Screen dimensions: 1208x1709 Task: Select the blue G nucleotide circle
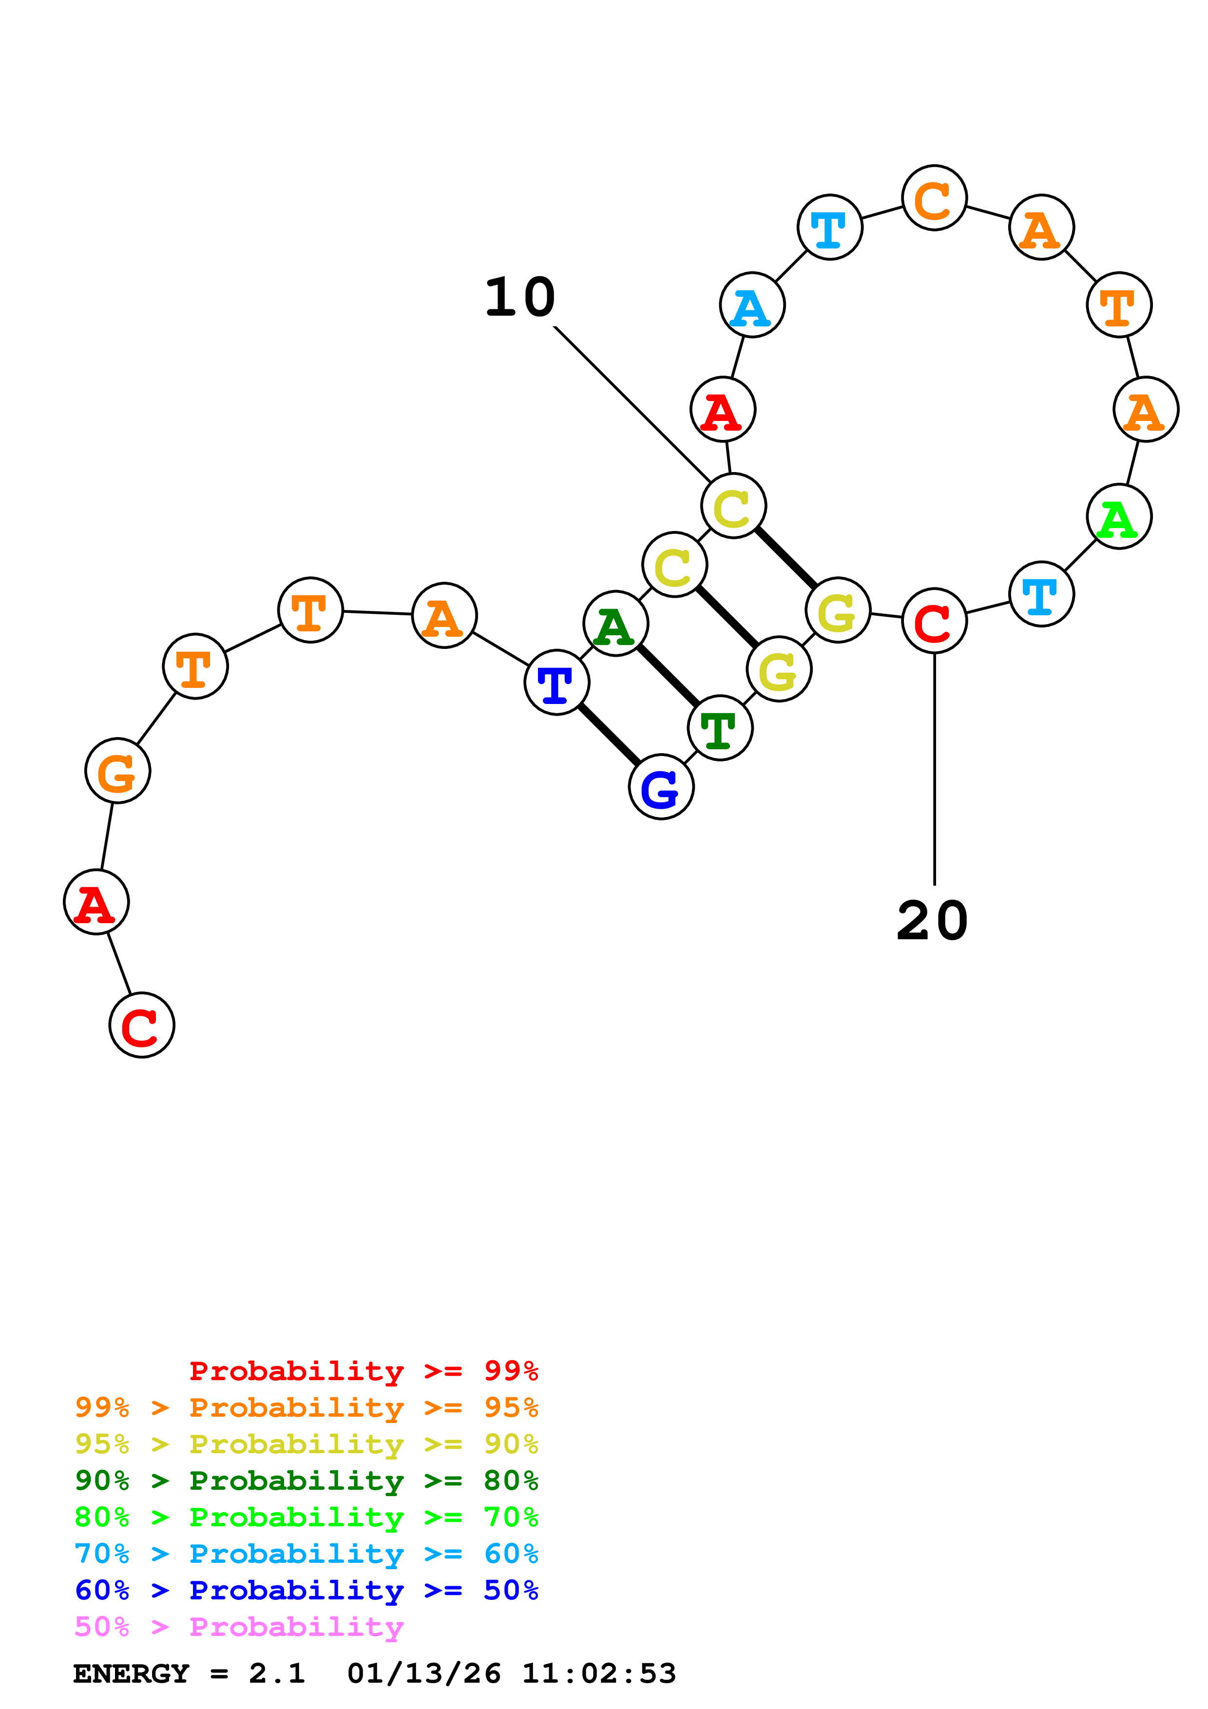(x=661, y=787)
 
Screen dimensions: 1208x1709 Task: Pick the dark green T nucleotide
(x=720, y=728)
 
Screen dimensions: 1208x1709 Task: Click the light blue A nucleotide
(x=752, y=304)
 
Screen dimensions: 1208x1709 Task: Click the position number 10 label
(x=519, y=298)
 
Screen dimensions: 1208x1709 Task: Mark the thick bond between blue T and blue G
(x=609, y=735)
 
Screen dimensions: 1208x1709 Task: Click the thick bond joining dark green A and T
(x=668, y=676)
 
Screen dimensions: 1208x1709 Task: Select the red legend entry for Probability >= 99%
(x=363, y=1370)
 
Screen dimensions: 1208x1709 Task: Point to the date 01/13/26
(x=423, y=1673)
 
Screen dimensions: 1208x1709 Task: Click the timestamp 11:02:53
(x=598, y=1673)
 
